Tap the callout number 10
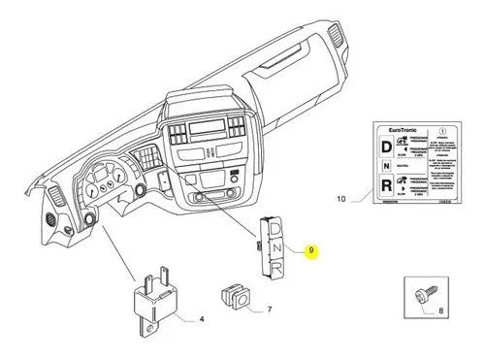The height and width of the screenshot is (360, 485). pyautogui.click(x=339, y=198)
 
